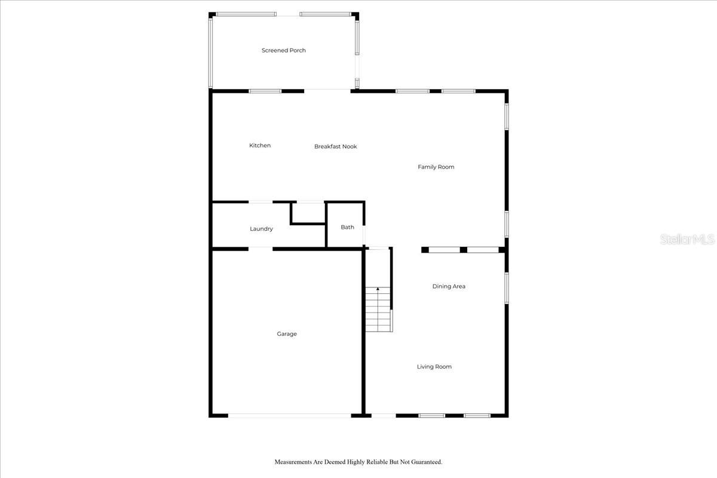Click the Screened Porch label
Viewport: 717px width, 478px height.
(x=284, y=50)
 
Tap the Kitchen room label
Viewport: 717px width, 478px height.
(x=260, y=145)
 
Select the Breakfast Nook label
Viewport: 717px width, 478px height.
(x=336, y=146)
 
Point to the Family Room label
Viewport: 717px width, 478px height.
(x=436, y=167)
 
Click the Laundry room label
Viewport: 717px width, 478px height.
(x=262, y=229)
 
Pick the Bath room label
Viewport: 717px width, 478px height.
(x=348, y=227)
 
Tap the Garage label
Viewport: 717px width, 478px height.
(x=287, y=334)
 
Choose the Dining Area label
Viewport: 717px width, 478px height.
(x=449, y=286)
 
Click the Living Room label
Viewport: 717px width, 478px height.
(x=434, y=366)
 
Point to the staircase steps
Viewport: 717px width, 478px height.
(x=378, y=311)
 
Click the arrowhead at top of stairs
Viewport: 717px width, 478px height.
(x=378, y=289)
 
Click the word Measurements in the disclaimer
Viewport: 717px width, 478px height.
(x=294, y=462)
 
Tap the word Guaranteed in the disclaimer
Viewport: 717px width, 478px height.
(x=424, y=462)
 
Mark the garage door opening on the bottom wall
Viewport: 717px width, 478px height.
(x=290, y=415)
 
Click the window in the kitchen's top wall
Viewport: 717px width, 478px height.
(x=265, y=91)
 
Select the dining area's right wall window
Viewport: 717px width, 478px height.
(x=506, y=288)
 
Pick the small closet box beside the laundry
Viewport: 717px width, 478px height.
(x=308, y=213)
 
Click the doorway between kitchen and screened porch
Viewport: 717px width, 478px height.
(x=327, y=91)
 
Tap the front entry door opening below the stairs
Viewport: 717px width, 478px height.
(x=384, y=415)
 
